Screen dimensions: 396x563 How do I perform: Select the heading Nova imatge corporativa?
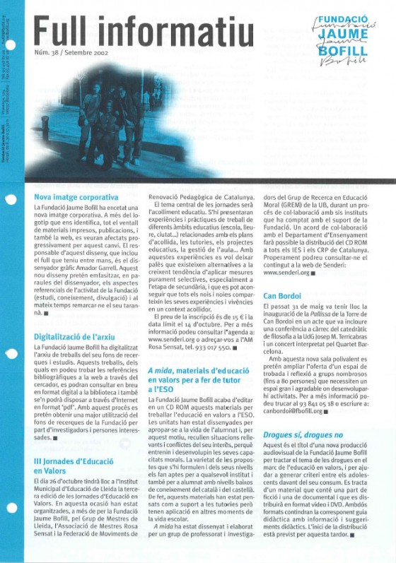pos(76,196)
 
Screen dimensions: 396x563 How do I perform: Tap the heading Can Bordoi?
pos(283,296)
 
